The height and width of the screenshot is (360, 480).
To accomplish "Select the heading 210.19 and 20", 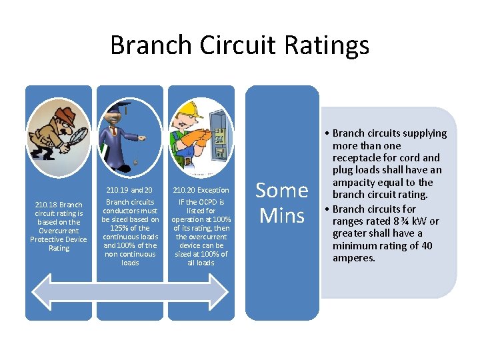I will pyautogui.click(x=130, y=190).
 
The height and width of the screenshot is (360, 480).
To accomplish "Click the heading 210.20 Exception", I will pyautogui.click(x=201, y=190).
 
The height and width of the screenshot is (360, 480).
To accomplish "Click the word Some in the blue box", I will pyautogui.click(x=282, y=191).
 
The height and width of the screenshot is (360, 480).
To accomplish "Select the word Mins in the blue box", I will pyautogui.click(x=282, y=215).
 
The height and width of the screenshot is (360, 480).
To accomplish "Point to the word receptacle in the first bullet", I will pyautogui.click(x=363, y=158).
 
